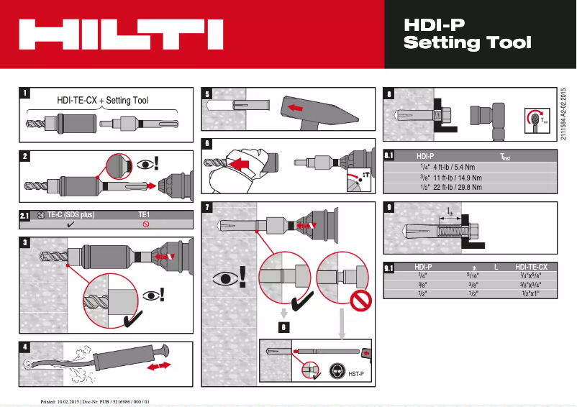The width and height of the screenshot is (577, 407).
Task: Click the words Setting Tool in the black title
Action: (468, 42)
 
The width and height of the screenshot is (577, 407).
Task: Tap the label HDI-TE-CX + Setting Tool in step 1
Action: (103, 100)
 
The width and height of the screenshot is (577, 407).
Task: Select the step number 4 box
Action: (26, 346)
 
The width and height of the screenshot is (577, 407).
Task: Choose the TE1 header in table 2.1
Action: (145, 214)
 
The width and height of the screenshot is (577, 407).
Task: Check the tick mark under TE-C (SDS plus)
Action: (71, 224)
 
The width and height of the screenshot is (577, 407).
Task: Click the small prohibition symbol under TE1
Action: (145, 224)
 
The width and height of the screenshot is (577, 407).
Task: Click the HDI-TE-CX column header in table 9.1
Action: (531, 267)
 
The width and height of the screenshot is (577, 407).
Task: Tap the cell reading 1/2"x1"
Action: (531, 293)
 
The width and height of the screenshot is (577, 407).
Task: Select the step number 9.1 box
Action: (389, 268)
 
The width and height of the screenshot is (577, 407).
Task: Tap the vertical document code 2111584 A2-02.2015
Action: (563, 115)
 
